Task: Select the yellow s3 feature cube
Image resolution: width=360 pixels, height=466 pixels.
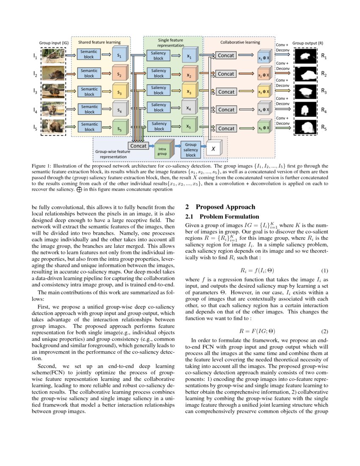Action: click(120, 92)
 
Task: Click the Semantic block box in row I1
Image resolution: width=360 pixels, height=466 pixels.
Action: click(89, 55)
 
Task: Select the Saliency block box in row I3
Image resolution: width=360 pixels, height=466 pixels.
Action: click(159, 90)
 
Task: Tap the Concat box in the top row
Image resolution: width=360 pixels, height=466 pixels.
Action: click(226, 55)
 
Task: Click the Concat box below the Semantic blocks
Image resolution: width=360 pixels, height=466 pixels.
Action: click(138, 146)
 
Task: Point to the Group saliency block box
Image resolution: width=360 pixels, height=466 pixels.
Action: click(191, 150)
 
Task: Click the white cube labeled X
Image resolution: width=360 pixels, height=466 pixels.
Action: click(214, 149)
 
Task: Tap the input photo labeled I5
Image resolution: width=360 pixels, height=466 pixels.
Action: click(53, 126)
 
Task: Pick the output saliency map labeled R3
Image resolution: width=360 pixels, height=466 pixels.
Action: click(305, 91)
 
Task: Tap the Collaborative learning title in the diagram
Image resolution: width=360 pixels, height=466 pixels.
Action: click(240, 42)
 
